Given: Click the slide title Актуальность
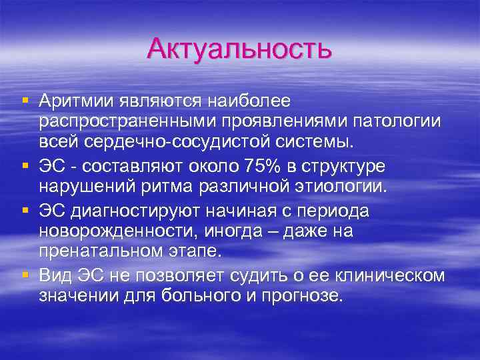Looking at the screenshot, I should click(239, 49).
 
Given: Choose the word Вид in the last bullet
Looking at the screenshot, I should click(55, 275).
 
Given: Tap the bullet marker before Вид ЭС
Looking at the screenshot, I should click(25, 274).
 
